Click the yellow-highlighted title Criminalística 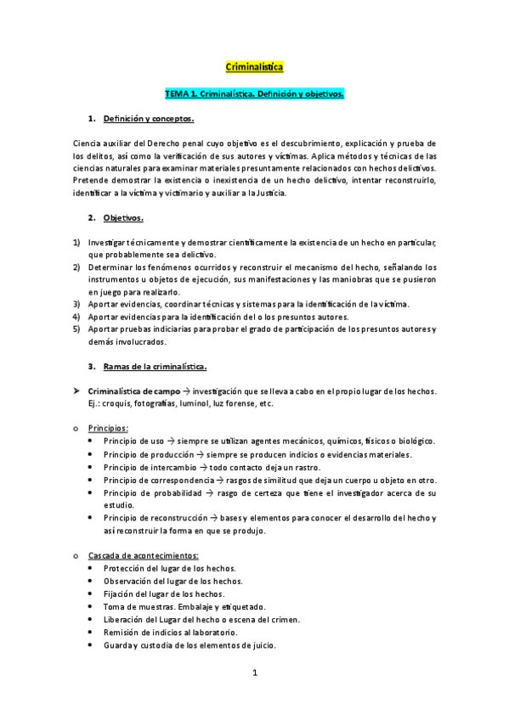pyautogui.click(x=254, y=65)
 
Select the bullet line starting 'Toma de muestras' pyautogui.click(x=184, y=606)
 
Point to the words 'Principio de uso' pyautogui.click(x=132, y=441)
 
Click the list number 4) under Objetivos pyautogui.click(x=76, y=316)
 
